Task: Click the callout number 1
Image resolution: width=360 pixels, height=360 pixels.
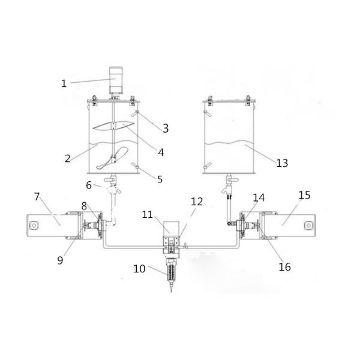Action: tap(64, 83)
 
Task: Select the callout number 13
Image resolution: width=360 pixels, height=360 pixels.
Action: tap(282, 163)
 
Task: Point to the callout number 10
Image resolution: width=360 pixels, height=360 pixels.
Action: tap(139, 268)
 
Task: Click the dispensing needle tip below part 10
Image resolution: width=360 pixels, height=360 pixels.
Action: tap(171, 290)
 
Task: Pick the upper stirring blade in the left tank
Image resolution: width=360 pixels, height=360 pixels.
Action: tap(113, 126)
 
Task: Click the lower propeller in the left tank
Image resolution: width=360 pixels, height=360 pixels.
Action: tap(112, 158)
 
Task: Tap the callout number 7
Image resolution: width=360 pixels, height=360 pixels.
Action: tap(37, 197)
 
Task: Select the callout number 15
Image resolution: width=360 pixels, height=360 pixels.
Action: tap(304, 195)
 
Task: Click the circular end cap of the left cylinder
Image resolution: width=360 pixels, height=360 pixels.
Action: tap(34, 225)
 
